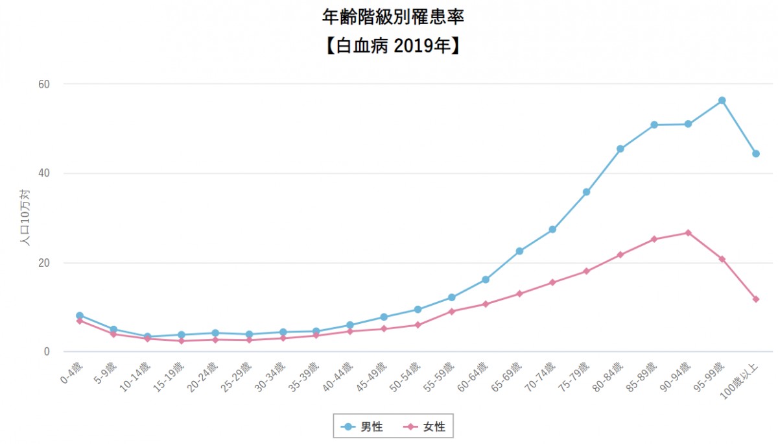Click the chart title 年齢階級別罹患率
pyautogui.click(x=393, y=17)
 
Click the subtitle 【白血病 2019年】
pyautogui.click(x=393, y=46)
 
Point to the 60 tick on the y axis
pyautogui.click(x=44, y=84)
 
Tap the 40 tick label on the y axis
pyautogui.click(x=44, y=173)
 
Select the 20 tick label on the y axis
pyautogui.click(x=44, y=263)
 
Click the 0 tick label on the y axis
pyautogui.click(x=47, y=352)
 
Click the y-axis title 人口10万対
pyautogui.click(x=25, y=217)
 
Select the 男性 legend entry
pyautogui.click(x=362, y=426)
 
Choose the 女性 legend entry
pyautogui.click(x=424, y=426)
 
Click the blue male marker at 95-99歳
pyautogui.click(x=722, y=101)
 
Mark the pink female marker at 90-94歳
pyautogui.click(x=688, y=232)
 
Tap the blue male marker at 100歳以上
pyautogui.click(x=756, y=154)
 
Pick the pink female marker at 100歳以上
pyautogui.click(x=756, y=299)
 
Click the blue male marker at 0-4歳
pyautogui.click(x=80, y=315)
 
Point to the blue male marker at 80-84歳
pyautogui.click(x=620, y=149)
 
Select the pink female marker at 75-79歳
pyautogui.click(x=586, y=271)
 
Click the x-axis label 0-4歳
pyautogui.click(x=71, y=373)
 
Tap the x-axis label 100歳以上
pyautogui.click(x=739, y=381)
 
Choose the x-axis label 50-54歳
pyautogui.click(x=405, y=377)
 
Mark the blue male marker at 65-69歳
pyautogui.click(x=519, y=251)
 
